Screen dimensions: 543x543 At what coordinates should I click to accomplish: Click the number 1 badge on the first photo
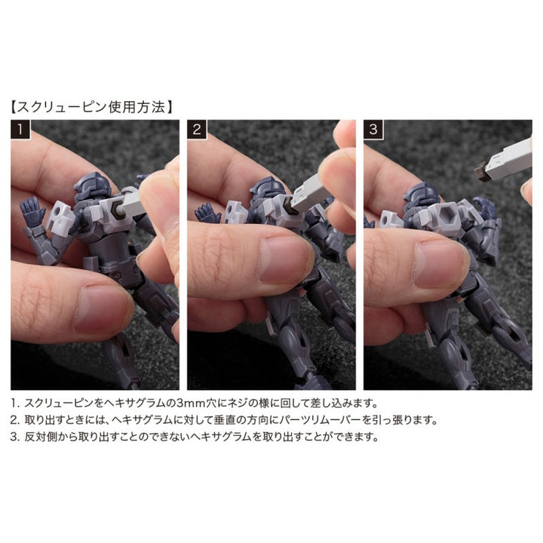[x=20, y=130]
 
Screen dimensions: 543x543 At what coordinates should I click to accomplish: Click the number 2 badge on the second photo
[x=197, y=130]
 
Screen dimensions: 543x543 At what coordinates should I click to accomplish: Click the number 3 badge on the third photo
[x=373, y=130]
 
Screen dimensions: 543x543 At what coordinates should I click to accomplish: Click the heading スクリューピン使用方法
[x=91, y=107]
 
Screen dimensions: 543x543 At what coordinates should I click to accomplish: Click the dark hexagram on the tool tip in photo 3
[x=480, y=171]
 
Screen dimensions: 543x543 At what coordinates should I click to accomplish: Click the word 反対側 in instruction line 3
[x=42, y=437]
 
